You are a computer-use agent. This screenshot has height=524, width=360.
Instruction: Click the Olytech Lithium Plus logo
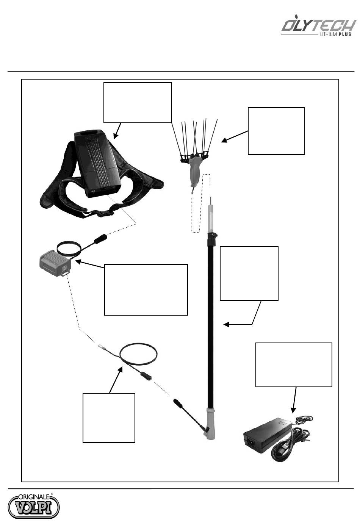click(x=318, y=27)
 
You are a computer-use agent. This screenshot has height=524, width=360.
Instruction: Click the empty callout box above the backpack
click(x=138, y=102)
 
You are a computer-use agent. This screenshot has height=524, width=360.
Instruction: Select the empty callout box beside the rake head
click(x=276, y=131)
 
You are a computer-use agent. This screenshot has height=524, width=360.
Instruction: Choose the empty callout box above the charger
click(x=294, y=364)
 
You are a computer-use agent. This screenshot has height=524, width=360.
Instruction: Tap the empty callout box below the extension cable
click(x=109, y=418)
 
